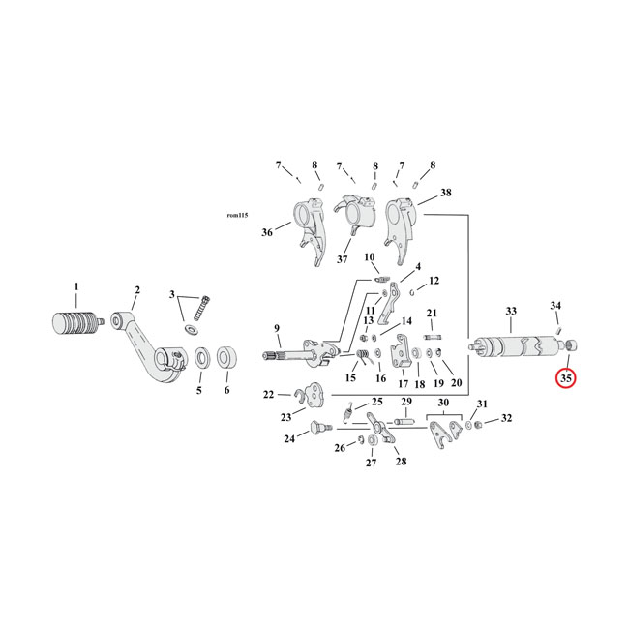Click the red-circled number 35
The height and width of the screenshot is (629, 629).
coord(566,378)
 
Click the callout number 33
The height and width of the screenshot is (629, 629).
coord(510,311)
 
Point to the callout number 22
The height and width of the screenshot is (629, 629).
coord(268,394)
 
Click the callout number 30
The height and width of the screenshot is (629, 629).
coord(443,403)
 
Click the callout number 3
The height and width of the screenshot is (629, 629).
coord(172,294)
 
